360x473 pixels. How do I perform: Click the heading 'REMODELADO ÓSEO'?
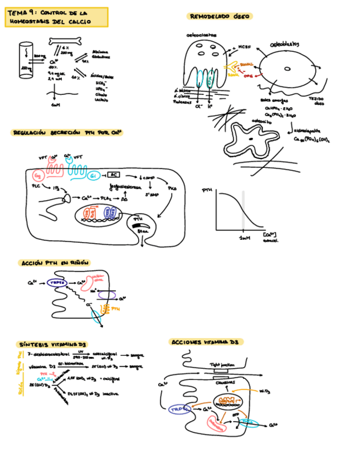(x=220, y=17)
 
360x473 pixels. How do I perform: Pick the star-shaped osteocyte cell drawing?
(x=250, y=138)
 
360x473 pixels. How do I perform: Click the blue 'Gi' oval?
(x=93, y=177)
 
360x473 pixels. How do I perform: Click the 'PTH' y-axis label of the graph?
(x=207, y=191)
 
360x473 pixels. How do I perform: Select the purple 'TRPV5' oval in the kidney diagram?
(x=57, y=283)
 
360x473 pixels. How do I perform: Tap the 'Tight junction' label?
(x=221, y=364)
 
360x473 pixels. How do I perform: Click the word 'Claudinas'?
(x=225, y=382)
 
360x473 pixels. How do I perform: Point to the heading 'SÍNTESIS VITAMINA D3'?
(x=52, y=345)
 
